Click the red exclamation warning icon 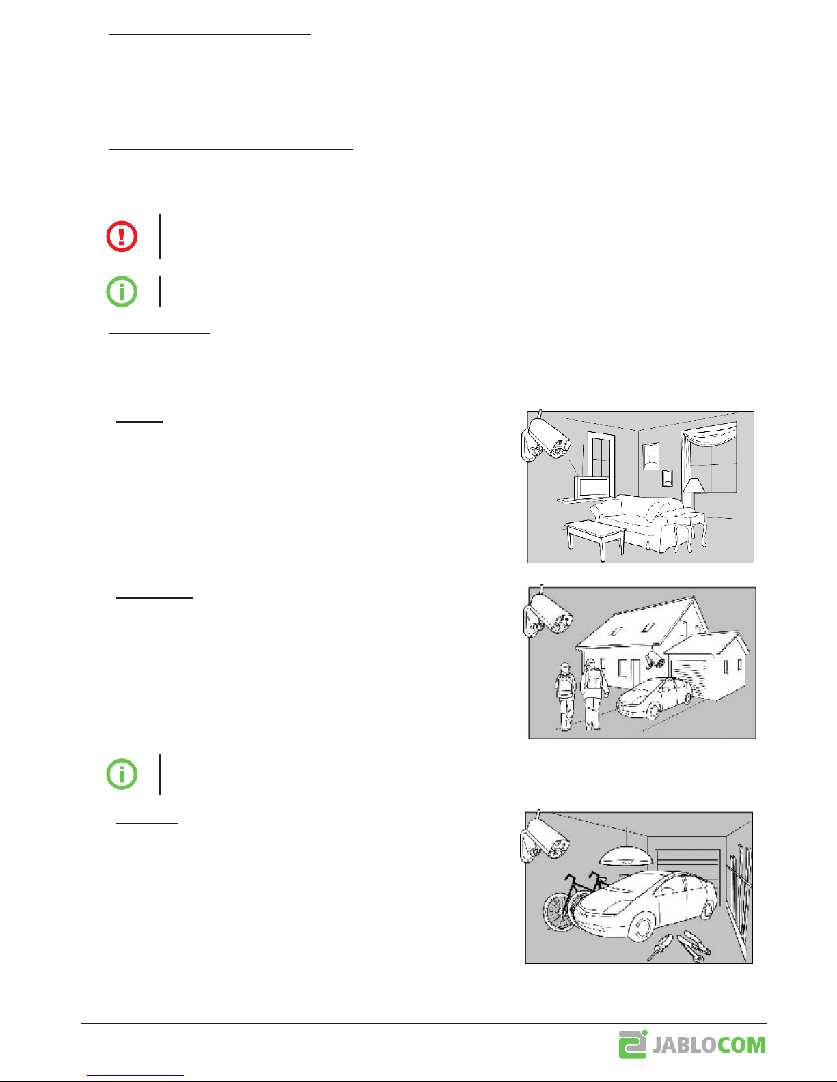122,236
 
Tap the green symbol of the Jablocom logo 633,1044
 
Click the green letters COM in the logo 742,1045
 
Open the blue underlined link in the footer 135,1075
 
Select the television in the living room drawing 592,487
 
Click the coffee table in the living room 595,539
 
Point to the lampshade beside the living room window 694,485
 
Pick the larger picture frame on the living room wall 650,456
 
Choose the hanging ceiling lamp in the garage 627,855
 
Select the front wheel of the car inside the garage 641,926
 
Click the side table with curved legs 690,531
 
